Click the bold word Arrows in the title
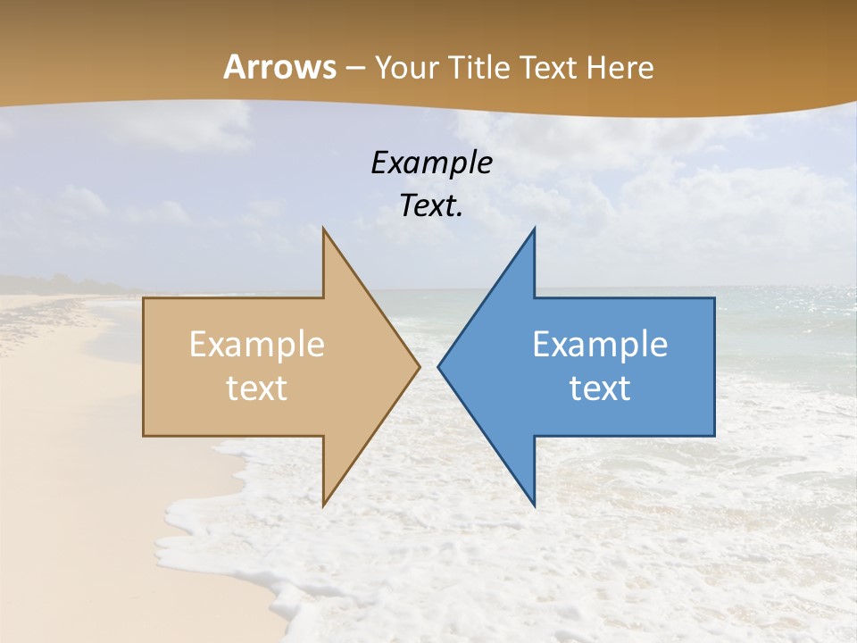279,67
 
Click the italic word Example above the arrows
431,163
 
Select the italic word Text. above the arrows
431,205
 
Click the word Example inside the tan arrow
256,345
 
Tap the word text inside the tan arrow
256,388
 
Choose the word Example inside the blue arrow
600,345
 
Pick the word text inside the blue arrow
600,388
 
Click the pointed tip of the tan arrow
419,366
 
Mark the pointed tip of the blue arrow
439,366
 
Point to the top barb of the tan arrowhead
324,230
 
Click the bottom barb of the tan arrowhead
324,504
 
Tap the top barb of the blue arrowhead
533,230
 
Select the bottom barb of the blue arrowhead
533,504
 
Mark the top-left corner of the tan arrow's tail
145,299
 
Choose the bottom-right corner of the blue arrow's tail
713,435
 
